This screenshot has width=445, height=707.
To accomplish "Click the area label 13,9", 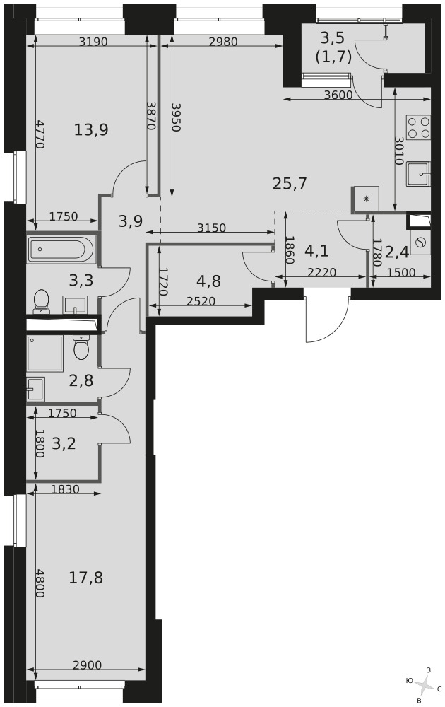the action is (x=91, y=130).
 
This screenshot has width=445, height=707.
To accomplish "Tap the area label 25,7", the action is (x=290, y=184).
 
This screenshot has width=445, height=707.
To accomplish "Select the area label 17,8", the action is (x=85, y=577).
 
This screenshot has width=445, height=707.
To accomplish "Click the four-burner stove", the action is (x=418, y=127).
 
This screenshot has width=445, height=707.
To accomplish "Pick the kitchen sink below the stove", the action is (x=418, y=174).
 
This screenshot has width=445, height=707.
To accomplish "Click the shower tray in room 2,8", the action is (x=44, y=353).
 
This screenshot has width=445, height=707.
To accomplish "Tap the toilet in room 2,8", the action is (x=81, y=347).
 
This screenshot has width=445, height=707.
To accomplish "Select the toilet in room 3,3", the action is (x=42, y=300).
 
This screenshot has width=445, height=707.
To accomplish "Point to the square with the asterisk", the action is (x=366, y=199).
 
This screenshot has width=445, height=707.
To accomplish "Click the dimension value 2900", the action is (x=87, y=665).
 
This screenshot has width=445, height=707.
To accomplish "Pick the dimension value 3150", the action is (x=211, y=228).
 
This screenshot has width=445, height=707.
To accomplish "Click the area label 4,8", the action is (x=208, y=281).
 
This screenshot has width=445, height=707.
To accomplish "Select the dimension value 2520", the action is (x=201, y=300).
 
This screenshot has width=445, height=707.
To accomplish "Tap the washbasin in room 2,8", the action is (x=36, y=388).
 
